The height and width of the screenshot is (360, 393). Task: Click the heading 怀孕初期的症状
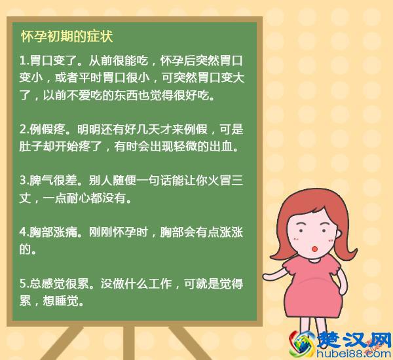67,35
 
